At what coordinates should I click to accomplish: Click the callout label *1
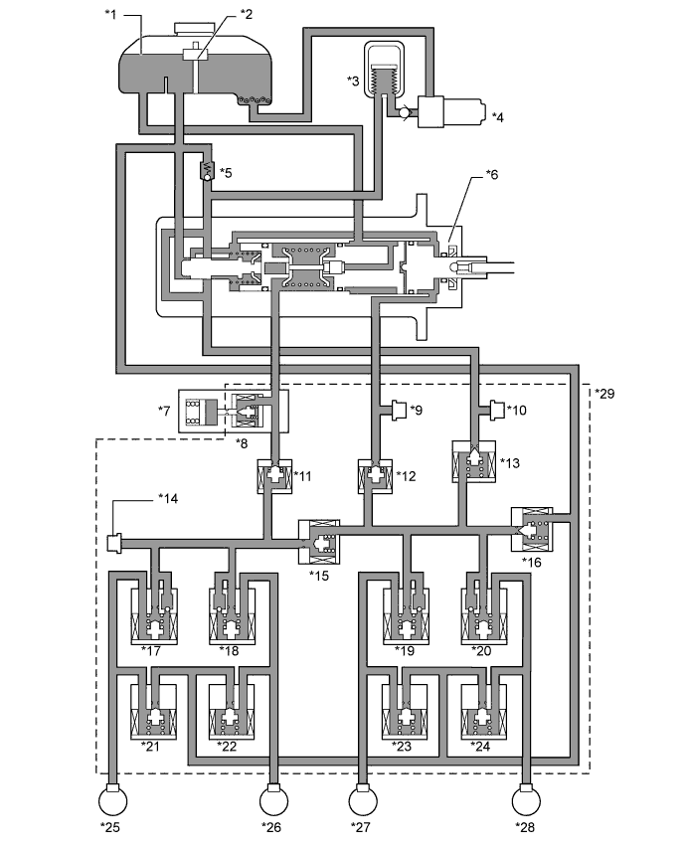click(x=110, y=14)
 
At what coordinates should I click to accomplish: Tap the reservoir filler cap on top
click(x=195, y=29)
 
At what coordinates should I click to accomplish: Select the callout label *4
click(x=497, y=117)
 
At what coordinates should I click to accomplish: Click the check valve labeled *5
click(x=207, y=172)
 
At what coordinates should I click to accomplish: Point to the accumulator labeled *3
click(x=384, y=70)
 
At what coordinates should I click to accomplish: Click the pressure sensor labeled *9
click(x=399, y=410)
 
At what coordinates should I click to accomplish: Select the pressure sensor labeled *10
click(x=497, y=410)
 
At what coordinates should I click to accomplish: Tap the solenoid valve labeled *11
click(x=274, y=476)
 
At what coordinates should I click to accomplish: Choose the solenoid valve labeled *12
click(x=375, y=476)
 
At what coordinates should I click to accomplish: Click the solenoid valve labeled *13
click(x=474, y=460)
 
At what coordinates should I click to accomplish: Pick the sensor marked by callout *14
click(x=114, y=543)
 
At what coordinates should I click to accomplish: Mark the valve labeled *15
click(x=319, y=542)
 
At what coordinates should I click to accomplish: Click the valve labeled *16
click(x=533, y=529)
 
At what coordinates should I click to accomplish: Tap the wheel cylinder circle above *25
click(x=113, y=800)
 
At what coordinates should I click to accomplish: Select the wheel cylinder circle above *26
click(x=273, y=800)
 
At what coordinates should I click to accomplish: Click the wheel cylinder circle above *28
click(x=527, y=800)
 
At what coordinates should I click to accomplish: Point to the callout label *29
click(x=604, y=393)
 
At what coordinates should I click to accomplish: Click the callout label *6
click(x=491, y=175)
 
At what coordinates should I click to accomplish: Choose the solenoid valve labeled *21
click(x=153, y=711)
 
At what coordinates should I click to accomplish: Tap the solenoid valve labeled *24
click(x=484, y=711)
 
